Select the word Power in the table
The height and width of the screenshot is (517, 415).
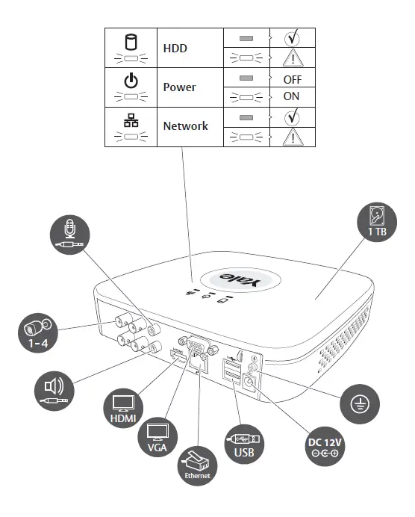(180, 87)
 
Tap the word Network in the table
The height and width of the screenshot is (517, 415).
(185, 126)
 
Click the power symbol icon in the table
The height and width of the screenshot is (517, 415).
(131, 79)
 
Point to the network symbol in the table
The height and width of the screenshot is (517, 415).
(131, 118)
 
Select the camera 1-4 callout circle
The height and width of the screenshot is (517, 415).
(34, 329)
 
